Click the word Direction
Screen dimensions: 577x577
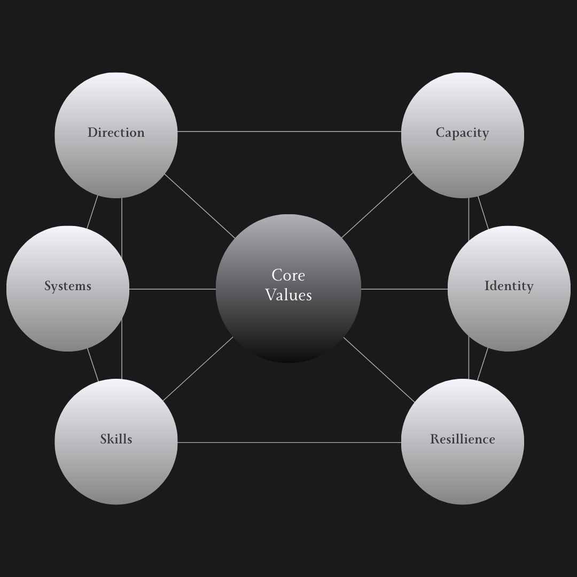(116, 132)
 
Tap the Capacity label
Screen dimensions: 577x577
(462, 132)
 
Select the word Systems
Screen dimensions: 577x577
(68, 286)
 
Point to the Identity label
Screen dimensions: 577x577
(509, 286)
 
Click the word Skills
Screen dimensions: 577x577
(116, 439)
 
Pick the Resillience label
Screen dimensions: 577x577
(462, 439)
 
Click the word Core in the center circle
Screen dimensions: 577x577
(288, 275)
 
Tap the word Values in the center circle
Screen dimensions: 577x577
(288, 295)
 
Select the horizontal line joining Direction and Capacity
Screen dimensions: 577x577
(288, 131)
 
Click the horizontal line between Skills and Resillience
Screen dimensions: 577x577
(288, 442)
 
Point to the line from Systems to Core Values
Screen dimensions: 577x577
(172, 289)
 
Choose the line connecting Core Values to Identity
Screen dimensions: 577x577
(404, 289)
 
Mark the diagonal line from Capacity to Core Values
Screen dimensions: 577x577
(378, 205)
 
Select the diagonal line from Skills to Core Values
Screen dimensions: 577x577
(198, 369)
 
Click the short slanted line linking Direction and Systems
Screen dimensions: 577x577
(92, 212)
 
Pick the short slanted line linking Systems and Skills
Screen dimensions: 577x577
(92, 365)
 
